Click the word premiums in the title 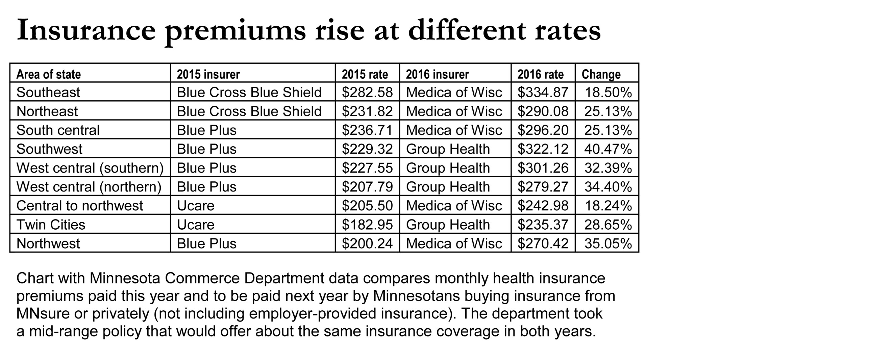pos(235,31)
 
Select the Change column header pos(601,74)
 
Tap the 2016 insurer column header pos(437,74)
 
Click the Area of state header pos(49,74)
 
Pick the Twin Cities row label pos(51,225)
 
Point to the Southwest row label pos(49,149)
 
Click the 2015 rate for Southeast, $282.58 pos(367,92)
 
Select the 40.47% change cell pos(607,149)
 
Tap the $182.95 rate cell pos(367,225)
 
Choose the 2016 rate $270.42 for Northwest pos(543,243)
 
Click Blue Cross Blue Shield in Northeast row pos(249,111)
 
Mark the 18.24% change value pos(608,206)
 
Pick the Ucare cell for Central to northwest pos(196,206)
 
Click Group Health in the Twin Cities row pos(448,225)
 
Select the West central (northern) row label pos(89,187)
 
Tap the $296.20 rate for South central pos(543,130)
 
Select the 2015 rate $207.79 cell pos(367,187)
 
